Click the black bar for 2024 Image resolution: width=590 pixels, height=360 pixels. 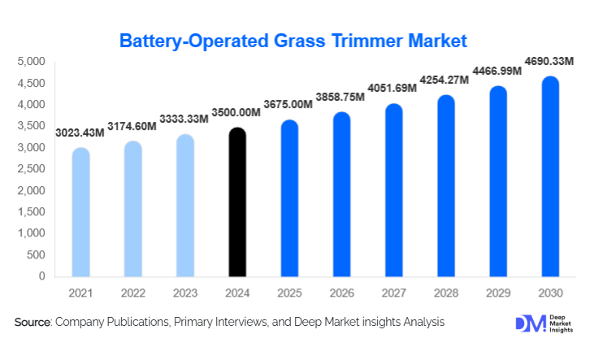click(x=236, y=202)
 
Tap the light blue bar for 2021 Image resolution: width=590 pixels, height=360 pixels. click(x=80, y=212)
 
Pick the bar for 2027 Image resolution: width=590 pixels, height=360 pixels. click(x=393, y=190)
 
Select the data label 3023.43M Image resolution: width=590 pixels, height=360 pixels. click(x=80, y=133)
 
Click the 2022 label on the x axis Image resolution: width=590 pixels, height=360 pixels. click(x=132, y=291)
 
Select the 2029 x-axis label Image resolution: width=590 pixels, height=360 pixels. click(x=498, y=291)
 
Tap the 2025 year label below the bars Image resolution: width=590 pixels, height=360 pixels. click(x=289, y=291)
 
